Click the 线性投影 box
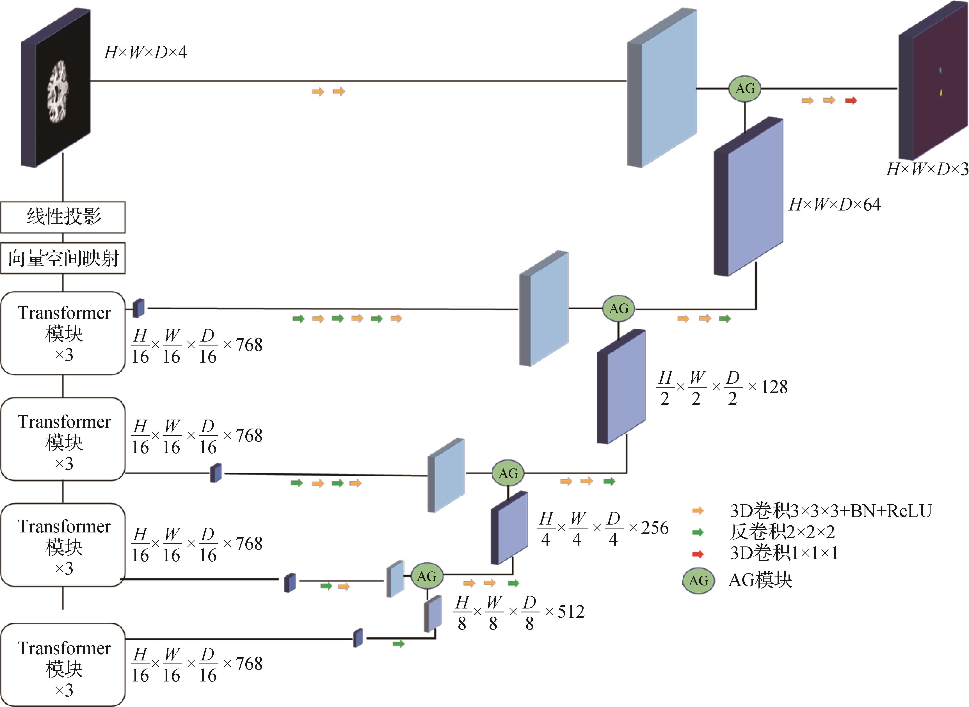(63, 217)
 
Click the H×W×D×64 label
(835, 205)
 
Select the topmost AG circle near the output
(745, 89)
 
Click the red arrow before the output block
(851, 100)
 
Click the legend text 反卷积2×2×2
(782, 532)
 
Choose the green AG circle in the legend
(698, 581)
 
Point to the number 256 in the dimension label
(655, 528)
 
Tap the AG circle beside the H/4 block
(508, 473)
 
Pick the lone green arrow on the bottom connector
(399, 644)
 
